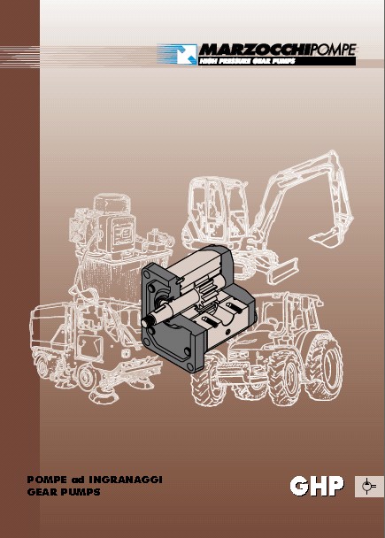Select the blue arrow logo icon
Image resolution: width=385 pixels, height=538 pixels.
[x=187, y=54]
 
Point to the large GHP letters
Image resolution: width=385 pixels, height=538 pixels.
[x=317, y=486]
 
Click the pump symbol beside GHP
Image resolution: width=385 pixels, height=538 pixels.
[x=369, y=486]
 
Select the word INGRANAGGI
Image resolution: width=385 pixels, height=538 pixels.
[x=126, y=480]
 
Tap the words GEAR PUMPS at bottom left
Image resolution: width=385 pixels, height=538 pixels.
[x=64, y=492]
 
